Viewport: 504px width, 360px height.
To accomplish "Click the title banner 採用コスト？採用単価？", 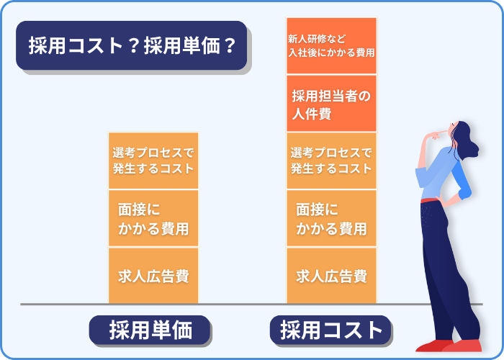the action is click(x=132, y=45).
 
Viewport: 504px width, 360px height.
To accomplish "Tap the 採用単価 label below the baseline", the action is click(x=150, y=330).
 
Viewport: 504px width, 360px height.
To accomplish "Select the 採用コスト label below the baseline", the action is click(x=330, y=330).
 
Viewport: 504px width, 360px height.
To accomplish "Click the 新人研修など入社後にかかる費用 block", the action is click(x=331, y=45).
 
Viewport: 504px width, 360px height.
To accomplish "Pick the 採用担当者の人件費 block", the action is click(x=331, y=104).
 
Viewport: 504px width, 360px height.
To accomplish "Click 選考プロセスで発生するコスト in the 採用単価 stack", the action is click(x=153, y=161).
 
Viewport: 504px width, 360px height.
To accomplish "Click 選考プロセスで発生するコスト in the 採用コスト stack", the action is click(x=331, y=161).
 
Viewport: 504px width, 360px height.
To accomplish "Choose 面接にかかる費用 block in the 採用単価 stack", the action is click(x=153, y=218).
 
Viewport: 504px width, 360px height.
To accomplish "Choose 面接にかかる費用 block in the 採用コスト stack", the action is click(x=331, y=218).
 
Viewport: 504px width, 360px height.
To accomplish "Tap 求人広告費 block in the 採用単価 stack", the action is click(x=153, y=276).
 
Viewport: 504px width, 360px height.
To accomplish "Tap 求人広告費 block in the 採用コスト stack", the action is click(x=331, y=276).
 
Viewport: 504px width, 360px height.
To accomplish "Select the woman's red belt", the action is click(x=430, y=201).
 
